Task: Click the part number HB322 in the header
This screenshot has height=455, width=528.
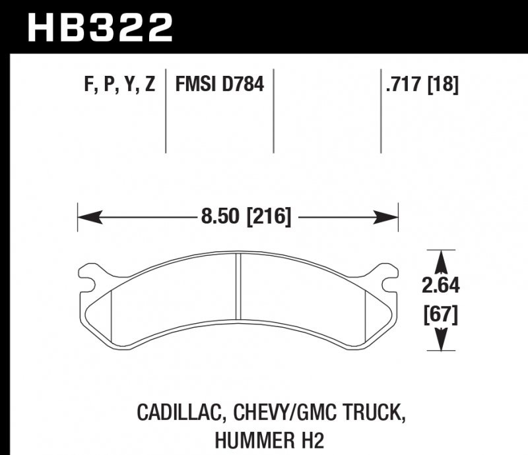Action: coord(100,27)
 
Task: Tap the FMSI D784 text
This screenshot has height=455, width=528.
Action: coord(219,84)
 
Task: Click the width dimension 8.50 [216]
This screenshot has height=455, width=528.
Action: coord(244,216)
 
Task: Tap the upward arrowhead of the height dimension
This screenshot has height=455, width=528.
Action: coord(440,258)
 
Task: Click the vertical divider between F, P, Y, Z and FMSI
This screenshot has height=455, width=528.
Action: coord(165,110)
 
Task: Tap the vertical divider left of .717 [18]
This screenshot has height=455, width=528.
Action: coord(381,110)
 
